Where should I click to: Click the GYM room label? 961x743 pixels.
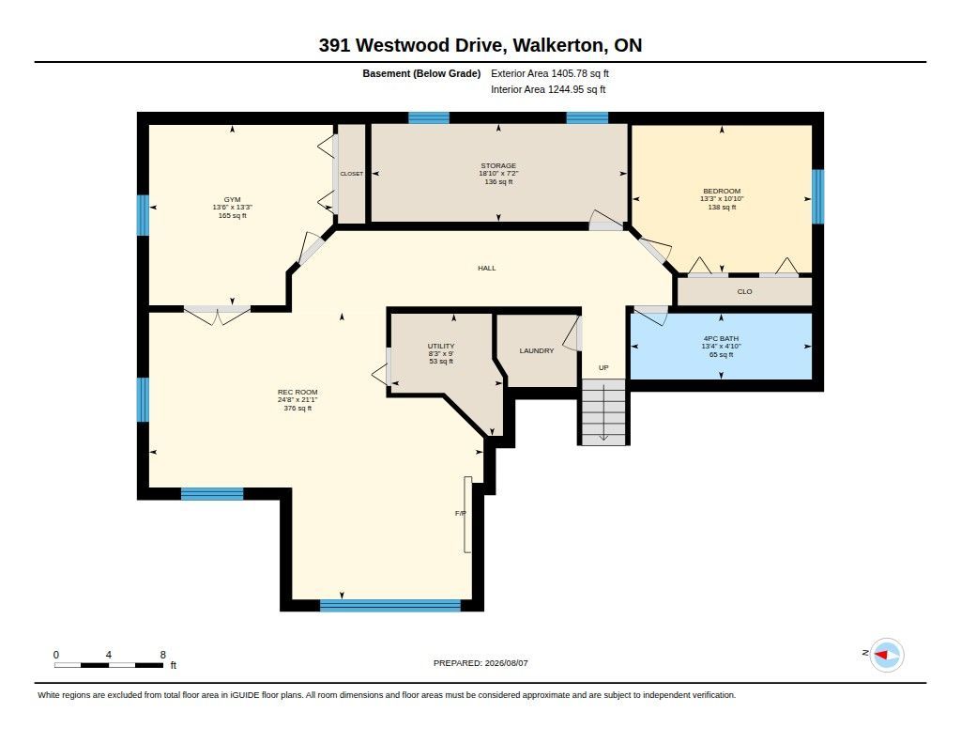pyautogui.click(x=233, y=199)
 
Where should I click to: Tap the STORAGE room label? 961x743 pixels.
pyautogui.click(x=498, y=165)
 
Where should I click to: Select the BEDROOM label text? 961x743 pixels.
pyautogui.click(x=722, y=191)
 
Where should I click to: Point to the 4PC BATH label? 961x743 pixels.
pyautogui.click(x=721, y=338)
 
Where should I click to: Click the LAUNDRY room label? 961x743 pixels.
pyautogui.click(x=536, y=350)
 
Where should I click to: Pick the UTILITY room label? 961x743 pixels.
pyautogui.click(x=441, y=346)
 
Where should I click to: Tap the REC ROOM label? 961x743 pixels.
pyautogui.click(x=297, y=392)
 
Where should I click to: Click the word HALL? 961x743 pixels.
pyautogui.click(x=487, y=268)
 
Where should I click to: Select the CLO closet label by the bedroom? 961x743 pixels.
pyautogui.click(x=744, y=291)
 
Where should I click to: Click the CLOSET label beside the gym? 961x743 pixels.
pyautogui.click(x=352, y=174)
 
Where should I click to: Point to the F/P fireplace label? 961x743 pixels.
pyautogui.click(x=461, y=513)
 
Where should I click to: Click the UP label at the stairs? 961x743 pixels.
pyautogui.click(x=603, y=367)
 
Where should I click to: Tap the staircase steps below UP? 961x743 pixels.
pyautogui.click(x=603, y=411)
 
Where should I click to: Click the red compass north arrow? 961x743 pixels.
pyautogui.click(x=880, y=656)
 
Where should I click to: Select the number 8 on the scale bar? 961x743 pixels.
pyautogui.click(x=163, y=655)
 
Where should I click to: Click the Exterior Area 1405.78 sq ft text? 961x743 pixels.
pyautogui.click(x=550, y=73)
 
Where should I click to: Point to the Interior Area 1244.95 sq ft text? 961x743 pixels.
pyautogui.click(x=548, y=89)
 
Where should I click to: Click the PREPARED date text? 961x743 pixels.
pyautogui.click(x=480, y=662)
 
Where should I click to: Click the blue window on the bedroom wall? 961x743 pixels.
pyautogui.click(x=817, y=196)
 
